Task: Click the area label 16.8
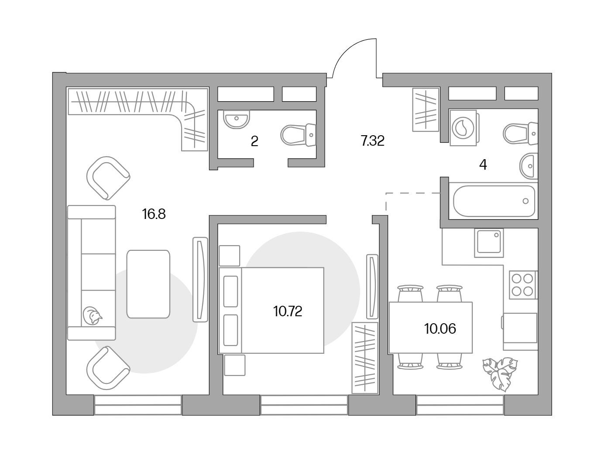click(x=154, y=214)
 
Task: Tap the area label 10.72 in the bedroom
click(x=288, y=311)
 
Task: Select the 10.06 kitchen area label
click(x=440, y=328)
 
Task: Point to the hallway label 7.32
click(x=372, y=141)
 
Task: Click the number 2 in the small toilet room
click(x=254, y=141)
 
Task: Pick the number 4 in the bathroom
click(x=483, y=165)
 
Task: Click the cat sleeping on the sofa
click(x=92, y=315)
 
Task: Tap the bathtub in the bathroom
click(x=494, y=201)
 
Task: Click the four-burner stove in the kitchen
click(x=523, y=285)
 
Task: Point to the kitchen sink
click(x=489, y=243)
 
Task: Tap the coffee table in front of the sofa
click(x=148, y=284)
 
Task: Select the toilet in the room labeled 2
click(x=298, y=135)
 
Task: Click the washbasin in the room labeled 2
click(x=237, y=120)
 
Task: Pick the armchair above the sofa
click(x=108, y=178)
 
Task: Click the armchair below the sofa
click(x=108, y=368)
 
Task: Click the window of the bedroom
click(x=304, y=405)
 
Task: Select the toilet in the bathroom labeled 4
click(x=520, y=133)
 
